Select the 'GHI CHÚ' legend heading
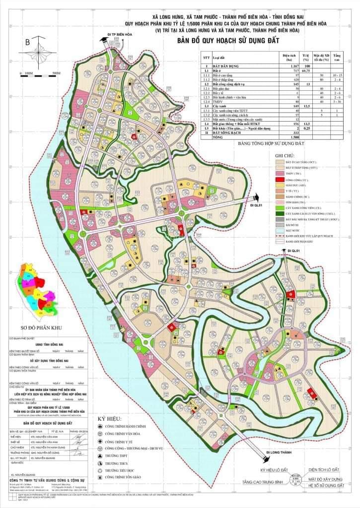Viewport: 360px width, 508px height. tap(284, 155)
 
